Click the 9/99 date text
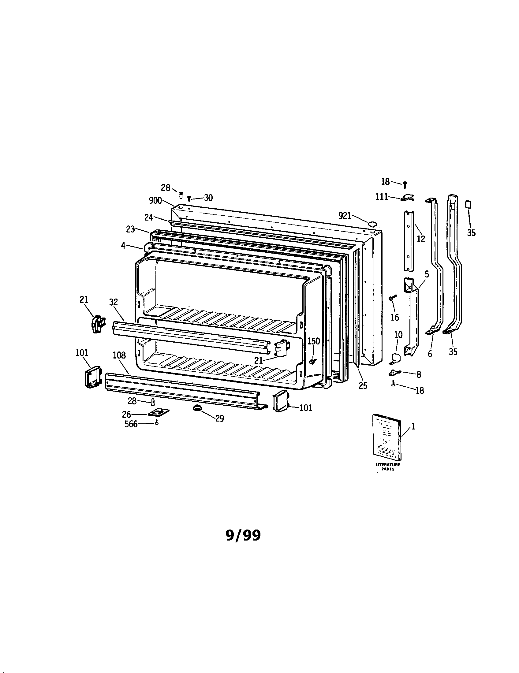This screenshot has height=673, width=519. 243,536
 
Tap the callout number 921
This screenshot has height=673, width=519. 345,216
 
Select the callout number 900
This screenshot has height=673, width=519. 155,201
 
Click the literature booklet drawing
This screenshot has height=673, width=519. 387,438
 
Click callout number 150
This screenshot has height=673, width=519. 314,341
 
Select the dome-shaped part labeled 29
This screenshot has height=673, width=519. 197,408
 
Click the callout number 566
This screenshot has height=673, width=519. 131,424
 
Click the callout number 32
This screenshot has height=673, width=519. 114,302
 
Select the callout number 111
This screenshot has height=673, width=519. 382,197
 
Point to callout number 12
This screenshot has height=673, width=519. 421,239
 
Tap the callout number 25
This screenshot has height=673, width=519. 363,385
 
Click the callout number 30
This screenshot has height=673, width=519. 208,198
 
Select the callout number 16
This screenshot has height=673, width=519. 395,317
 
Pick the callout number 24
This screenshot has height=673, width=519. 149,217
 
